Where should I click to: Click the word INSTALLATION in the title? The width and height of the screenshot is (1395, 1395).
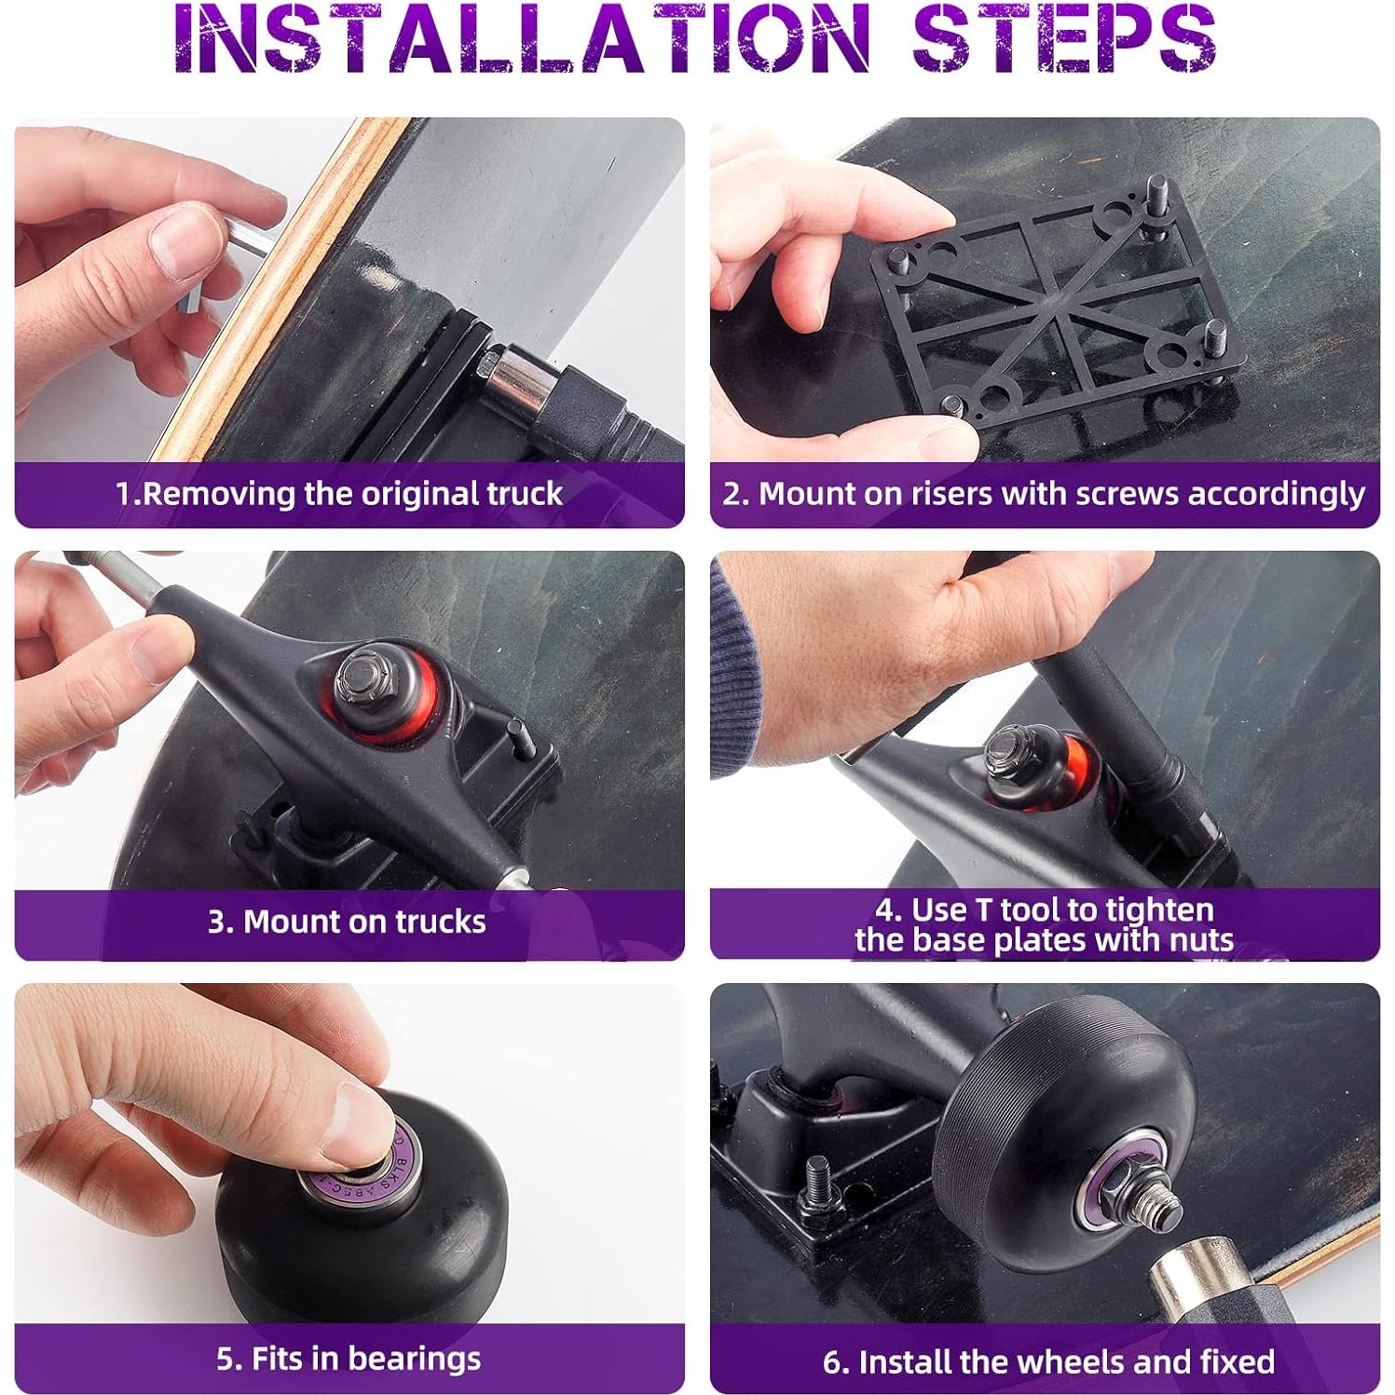point(522,39)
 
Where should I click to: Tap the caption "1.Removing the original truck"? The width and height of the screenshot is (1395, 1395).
point(339,493)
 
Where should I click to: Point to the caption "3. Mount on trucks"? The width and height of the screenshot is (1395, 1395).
point(347,922)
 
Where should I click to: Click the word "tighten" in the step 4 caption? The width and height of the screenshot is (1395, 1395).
point(1156,909)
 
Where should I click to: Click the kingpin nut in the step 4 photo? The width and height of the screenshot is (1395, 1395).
point(1008,749)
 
